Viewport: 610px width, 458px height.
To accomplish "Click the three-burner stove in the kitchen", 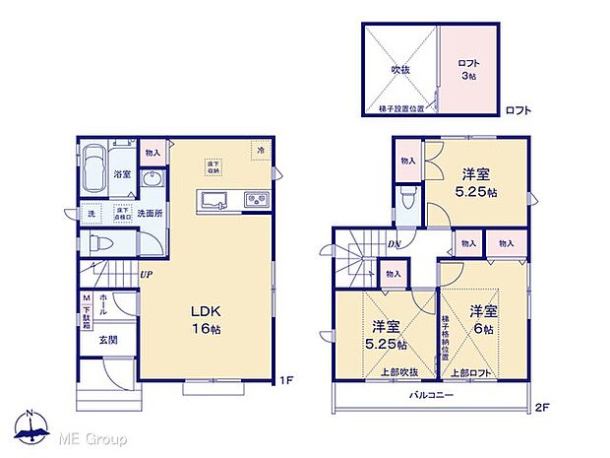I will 256,201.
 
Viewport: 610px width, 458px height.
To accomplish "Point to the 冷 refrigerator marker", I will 261,150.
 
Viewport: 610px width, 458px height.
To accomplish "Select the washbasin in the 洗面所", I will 152,181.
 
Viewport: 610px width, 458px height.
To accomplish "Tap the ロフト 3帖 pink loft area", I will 467,70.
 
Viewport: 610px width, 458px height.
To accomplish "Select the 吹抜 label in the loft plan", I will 399,70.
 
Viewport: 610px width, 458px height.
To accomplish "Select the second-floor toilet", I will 409,202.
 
